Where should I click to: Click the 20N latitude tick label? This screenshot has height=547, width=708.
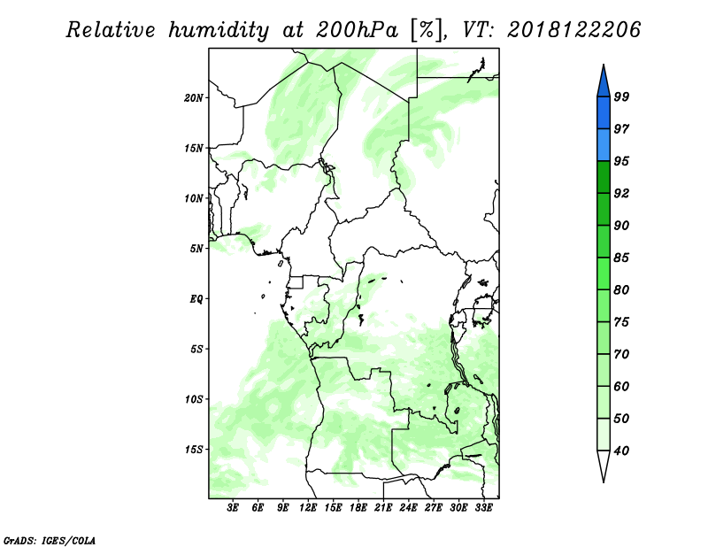pyautogui.click(x=194, y=97)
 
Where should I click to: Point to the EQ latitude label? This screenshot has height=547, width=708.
pyautogui.click(x=196, y=299)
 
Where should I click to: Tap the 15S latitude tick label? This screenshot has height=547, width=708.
pyautogui.click(x=194, y=450)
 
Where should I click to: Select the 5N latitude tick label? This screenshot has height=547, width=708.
pyautogui.click(x=196, y=249)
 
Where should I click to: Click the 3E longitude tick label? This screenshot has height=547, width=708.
pyautogui.click(x=233, y=507)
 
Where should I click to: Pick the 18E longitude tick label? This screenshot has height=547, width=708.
pyautogui.click(x=358, y=507)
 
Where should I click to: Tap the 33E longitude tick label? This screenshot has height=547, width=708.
pyautogui.click(x=483, y=507)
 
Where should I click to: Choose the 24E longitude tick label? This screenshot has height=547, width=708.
pyautogui.click(x=408, y=507)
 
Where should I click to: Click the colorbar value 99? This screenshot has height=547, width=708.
pyautogui.click(x=621, y=96)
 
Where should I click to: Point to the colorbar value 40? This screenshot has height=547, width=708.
pyautogui.click(x=621, y=451)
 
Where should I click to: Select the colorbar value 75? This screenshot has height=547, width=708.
pyautogui.click(x=621, y=322)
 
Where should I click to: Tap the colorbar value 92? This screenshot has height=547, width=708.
pyautogui.click(x=621, y=193)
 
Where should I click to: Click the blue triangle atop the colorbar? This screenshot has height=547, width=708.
pyautogui.click(x=604, y=83)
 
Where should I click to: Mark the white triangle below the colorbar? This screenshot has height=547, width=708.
pyautogui.click(x=604, y=463)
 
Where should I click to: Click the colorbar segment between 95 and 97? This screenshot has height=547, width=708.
pyautogui.click(x=604, y=145)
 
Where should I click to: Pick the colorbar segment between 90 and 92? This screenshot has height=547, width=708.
pyautogui.click(x=604, y=209)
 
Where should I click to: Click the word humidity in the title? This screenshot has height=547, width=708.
pyautogui.click(x=219, y=30)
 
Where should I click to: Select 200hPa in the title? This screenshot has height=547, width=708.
pyautogui.click(x=357, y=30)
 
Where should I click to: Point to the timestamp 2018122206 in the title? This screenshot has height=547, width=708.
pyautogui.click(x=573, y=30)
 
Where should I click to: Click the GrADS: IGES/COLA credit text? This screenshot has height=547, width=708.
pyautogui.click(x=50, y=540)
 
